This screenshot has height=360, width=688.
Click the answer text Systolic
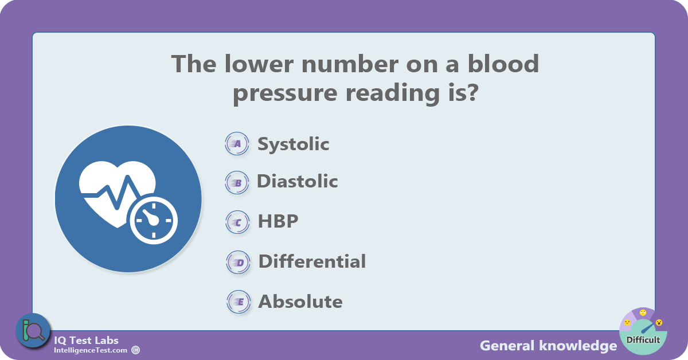coord(294,144)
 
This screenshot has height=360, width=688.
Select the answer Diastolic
coord(298,181)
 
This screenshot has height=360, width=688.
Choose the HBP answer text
coord(278,221)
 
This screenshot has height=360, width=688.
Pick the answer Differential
coord(312,261)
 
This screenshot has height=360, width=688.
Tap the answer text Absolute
coord(300,302)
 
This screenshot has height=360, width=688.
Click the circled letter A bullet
coord(237,143)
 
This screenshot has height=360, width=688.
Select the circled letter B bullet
coord(237,183)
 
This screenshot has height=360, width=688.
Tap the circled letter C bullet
coord(237,222)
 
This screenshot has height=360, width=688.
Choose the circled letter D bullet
coord(238,263)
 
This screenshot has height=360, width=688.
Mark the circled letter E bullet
coord(239,302)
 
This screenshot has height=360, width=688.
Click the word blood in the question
coord(503,64)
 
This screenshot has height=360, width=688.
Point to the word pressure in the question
coord(285,93)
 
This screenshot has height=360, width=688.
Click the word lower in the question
coord(259,64)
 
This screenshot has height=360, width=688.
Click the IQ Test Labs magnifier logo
coord(33,331)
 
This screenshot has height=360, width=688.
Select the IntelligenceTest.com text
coord(91,350)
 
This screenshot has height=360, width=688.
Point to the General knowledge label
coord(549,346)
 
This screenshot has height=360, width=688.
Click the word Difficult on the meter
coord(643,340)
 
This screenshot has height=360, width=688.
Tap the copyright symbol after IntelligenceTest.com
coord(135,350)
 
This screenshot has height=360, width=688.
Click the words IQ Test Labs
coord(86,341)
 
